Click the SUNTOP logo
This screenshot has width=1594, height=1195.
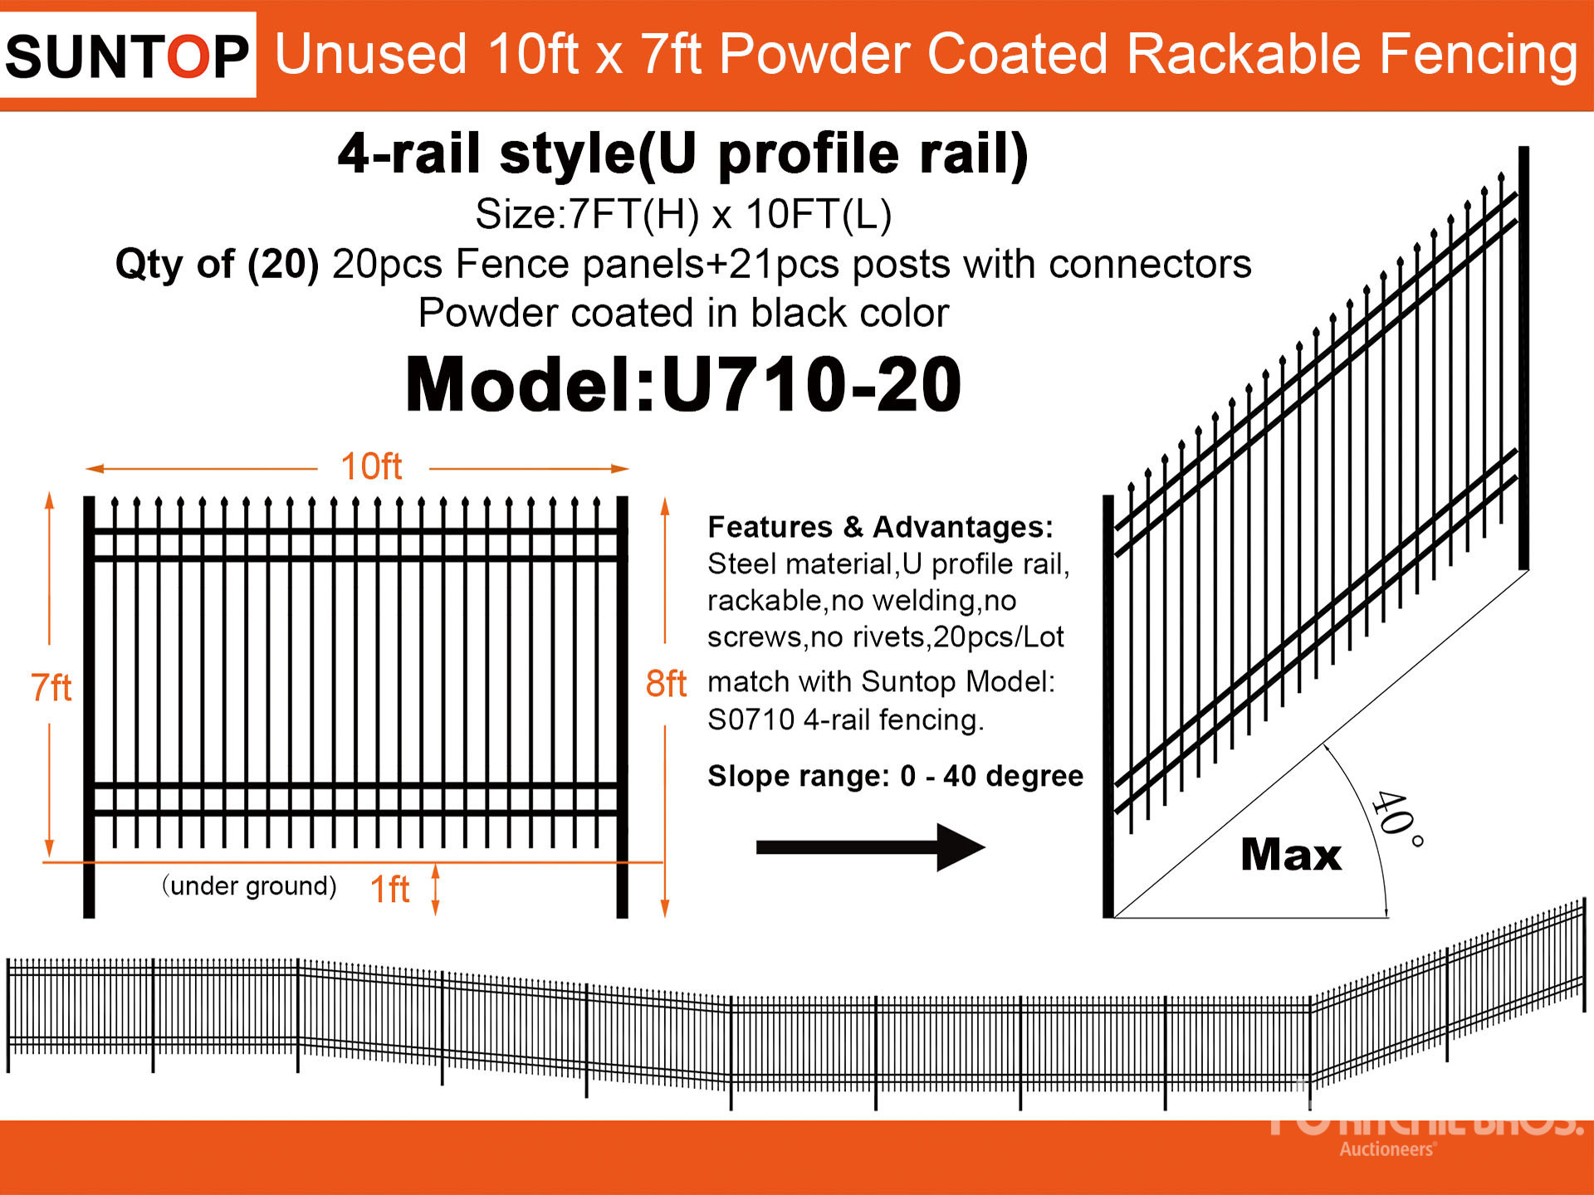127,56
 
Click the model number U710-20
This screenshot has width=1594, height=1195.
683,384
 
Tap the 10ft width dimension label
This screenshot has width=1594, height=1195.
371,467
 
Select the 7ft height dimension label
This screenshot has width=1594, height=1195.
51,688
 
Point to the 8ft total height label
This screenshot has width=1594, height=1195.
666,685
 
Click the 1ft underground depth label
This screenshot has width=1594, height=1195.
389,890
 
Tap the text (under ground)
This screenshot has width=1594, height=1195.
249,886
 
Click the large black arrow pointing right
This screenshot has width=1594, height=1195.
869,847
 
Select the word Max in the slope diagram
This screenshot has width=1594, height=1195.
1291,855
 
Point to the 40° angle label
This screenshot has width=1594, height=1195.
1396,817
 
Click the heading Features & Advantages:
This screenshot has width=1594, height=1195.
880,527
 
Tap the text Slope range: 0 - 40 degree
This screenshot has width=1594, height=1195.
895,776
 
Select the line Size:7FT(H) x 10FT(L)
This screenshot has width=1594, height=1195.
683,214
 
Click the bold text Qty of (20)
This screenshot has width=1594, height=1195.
217,265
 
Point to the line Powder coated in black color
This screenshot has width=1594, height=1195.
683,314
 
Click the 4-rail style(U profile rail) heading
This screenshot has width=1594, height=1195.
683,154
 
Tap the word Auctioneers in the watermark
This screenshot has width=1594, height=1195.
1386,1149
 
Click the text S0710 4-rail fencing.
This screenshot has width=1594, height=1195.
845,719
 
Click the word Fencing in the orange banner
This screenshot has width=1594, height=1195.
1479,55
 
